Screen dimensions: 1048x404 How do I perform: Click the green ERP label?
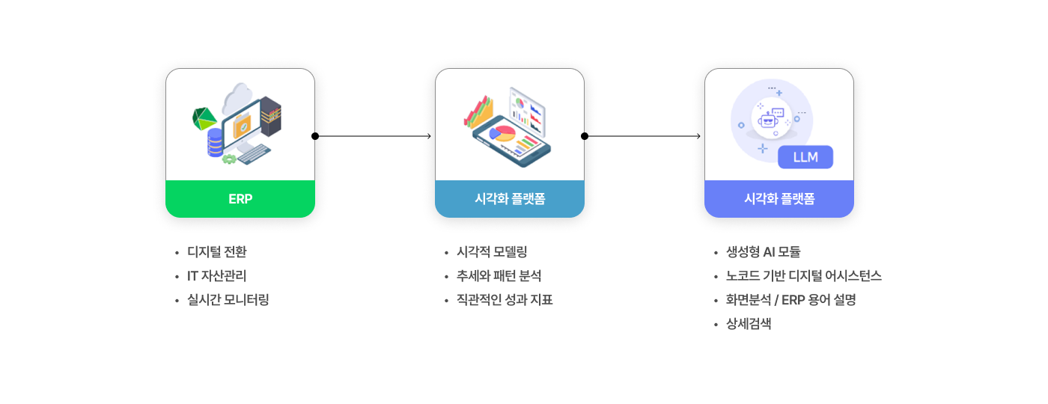[240, 199]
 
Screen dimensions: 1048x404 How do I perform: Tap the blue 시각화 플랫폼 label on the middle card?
[510, 199]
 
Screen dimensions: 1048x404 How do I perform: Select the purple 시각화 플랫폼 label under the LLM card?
[779, 199]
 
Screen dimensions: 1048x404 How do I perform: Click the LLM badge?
[805, 157]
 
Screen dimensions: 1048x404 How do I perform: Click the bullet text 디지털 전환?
[216, 252]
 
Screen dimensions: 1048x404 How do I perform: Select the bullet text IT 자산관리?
[216, 276]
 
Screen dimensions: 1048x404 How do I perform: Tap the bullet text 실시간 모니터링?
[228, 300]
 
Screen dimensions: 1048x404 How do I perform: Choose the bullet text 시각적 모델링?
[492, 252]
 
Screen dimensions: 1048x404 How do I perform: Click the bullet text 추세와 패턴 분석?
[499, 276]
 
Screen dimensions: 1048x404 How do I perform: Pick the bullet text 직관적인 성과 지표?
[505, 300]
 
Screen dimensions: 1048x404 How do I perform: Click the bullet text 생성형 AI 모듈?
[763, 252]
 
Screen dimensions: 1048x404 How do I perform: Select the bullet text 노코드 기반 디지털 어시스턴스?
[804, 276]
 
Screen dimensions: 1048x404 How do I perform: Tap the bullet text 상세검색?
[749, 323]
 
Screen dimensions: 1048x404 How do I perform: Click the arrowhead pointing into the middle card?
[429, 136]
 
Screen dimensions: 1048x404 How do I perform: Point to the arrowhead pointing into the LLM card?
[698, 136]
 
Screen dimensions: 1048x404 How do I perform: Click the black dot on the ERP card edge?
[315, 136]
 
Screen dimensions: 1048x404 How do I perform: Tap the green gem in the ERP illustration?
[204, 119]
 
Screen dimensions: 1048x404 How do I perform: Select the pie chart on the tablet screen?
[502, 133]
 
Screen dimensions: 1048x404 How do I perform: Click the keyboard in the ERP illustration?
[254, 154]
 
